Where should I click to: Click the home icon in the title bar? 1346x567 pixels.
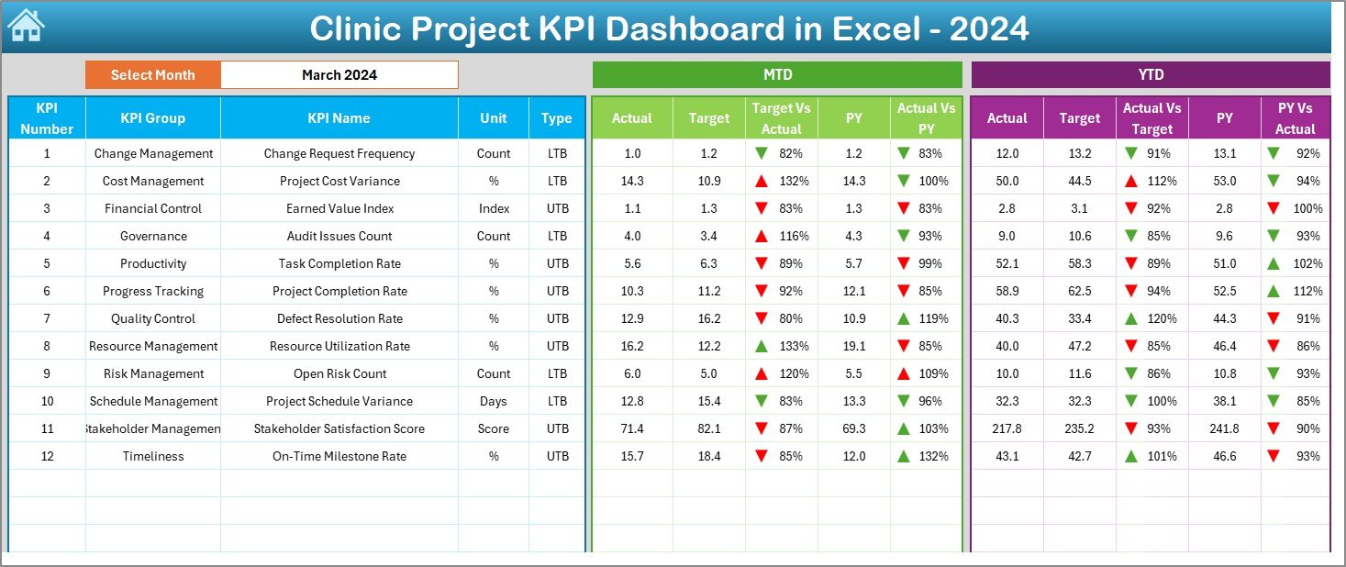pyautogui.click(x=26, y=26)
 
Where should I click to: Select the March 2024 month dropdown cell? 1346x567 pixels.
pyautogui.click(x=339, y=75)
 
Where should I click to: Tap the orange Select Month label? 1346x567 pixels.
pyautogui.click(x=153, y=75)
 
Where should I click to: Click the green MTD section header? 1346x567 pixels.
pyautogui.click(x=777, y=74)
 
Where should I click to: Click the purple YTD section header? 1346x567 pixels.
pyautogui.click(x=1151, y=74)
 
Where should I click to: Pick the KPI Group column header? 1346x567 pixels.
pyautogui.click(x=152, y=118)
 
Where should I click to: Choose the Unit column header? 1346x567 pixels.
pyautogui.click(x=494, y=118)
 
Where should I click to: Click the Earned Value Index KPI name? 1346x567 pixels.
pyautogui.click(x=339, y=208)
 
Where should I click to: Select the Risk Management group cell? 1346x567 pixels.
pyautogui.click(x=153, y=373)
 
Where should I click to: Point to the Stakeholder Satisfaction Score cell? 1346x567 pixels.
pyautogui.click(x=339, y=428)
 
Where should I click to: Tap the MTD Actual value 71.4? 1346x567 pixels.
pyautogui.click(x=631, y=428)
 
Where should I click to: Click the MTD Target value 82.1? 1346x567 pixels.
pyautogui.click(x=708, y=428)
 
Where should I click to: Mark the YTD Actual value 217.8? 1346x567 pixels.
pyautogui.click(x=1007, y=428)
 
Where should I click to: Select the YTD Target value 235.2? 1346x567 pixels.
pyautogui.click(x=1079, y=428)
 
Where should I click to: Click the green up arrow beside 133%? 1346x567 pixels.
pyautogui.click(x=761, y=346)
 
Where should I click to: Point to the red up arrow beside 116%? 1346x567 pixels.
pyautogui.click(x=761, y=236)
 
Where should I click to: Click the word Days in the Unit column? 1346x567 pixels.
pyautogui.click(x=494, y=401)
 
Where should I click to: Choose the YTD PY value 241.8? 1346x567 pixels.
pyautogui.click(x=1224, y=428)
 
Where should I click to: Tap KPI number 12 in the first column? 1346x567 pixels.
pyautogui.click(x=47, y=456)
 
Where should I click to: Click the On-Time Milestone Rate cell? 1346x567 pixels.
pyautogui.click(x=339, y=456)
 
